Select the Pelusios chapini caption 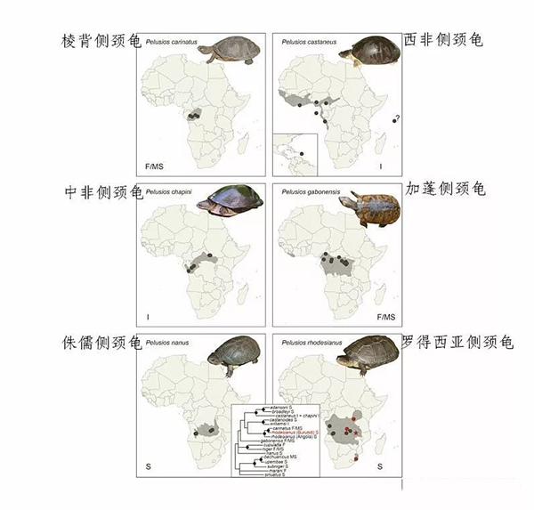(169, 191)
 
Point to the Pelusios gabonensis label (311, 191)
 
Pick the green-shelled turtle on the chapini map (230, 201)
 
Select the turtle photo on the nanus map (233, 355)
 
